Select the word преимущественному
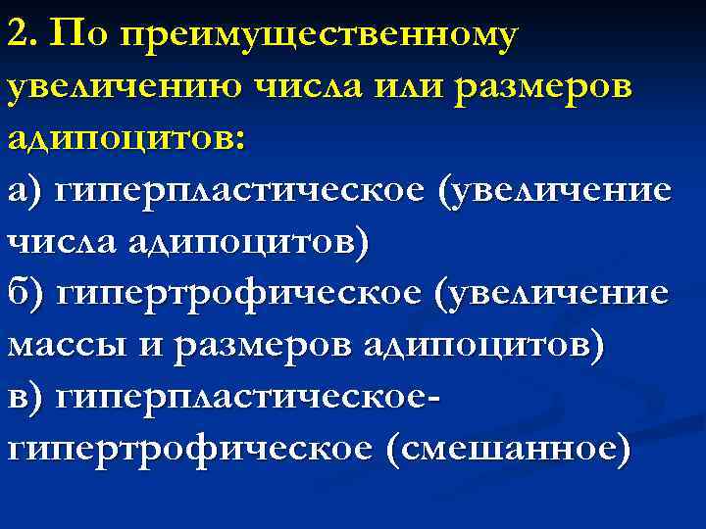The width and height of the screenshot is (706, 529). pos(313,36)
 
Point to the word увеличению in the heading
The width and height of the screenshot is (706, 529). pos(122,88)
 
